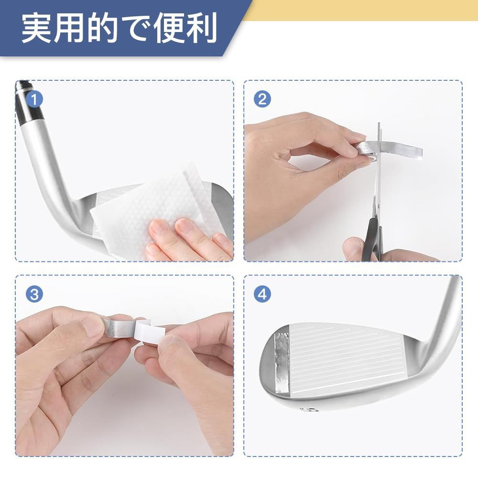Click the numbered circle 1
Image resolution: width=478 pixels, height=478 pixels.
click(x=34, y=99)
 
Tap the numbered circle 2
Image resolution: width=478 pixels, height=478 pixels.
click(x=262, y=99)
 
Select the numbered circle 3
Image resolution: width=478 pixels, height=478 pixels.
click(x=34, y=294)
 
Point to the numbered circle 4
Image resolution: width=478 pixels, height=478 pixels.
click(x=262, y=294)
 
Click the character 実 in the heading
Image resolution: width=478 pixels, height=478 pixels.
click(x=37, y=28)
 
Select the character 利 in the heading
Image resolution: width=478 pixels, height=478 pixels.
click(x=202, y=28)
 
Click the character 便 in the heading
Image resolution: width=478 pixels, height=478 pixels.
click(x=169, y=28)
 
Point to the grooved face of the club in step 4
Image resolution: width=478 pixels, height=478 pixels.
click(x=348, y=360)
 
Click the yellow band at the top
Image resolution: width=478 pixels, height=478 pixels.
click(x=360, y=10)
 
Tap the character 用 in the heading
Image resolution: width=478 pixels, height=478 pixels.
click(x=70, y=28)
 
